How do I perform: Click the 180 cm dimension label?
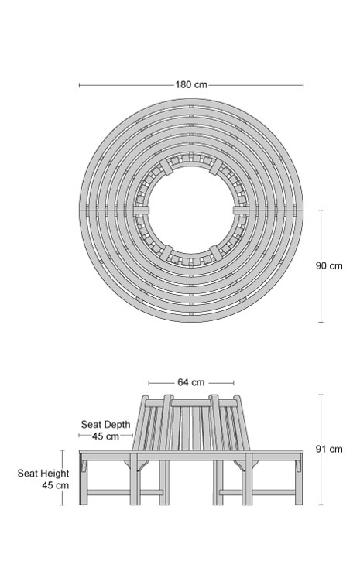point(191,84)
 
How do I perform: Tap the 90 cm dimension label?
point(328,266)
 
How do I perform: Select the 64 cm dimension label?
point(190,382)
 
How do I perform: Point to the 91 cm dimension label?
point(329,449)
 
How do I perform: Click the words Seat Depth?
point(106,425)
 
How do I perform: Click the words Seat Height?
point(43,474)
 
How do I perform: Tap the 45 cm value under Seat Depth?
point(105,436)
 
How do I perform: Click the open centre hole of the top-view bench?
point(191,210)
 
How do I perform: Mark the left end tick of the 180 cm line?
point(79,85)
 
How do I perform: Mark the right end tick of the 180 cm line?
point(303,85)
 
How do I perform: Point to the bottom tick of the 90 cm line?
point(321,322)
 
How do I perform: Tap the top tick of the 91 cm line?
point(321,395)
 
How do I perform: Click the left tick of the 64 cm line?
point(149,383)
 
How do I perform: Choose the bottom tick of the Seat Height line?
point(63,505)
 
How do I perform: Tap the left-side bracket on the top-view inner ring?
point(141,210)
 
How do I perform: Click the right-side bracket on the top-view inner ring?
point(242,210)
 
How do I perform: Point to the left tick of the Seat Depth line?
point(79,436)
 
